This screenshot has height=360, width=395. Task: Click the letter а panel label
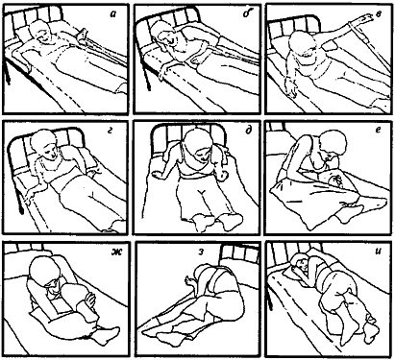tap(112, 14)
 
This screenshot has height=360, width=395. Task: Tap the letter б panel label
tap(246, 13)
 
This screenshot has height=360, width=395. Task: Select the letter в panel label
tap(379, 14)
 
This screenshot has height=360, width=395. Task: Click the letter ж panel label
tap(114, 252)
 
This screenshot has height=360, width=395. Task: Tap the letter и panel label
tap(378, 252)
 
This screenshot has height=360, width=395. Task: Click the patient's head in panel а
tap(41, 33)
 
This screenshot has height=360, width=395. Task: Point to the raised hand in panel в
tap(362, 20)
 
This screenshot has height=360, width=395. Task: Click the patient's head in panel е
tap(333, 145)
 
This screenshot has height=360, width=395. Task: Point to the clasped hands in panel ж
tap(90, 300)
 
